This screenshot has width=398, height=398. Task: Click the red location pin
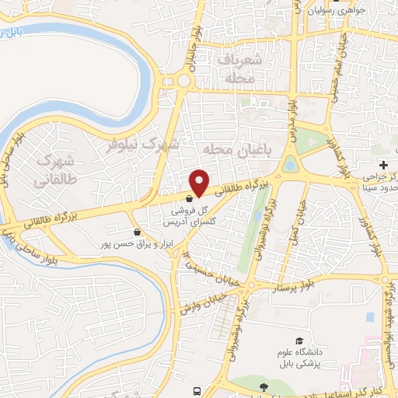click(200, 182)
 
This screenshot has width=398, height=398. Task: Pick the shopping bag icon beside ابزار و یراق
click(137, 232)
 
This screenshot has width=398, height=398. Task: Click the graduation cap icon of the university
click(299, 341)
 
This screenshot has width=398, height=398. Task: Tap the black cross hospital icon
click(383, 165)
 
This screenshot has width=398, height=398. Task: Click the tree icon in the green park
click(264, 386)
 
